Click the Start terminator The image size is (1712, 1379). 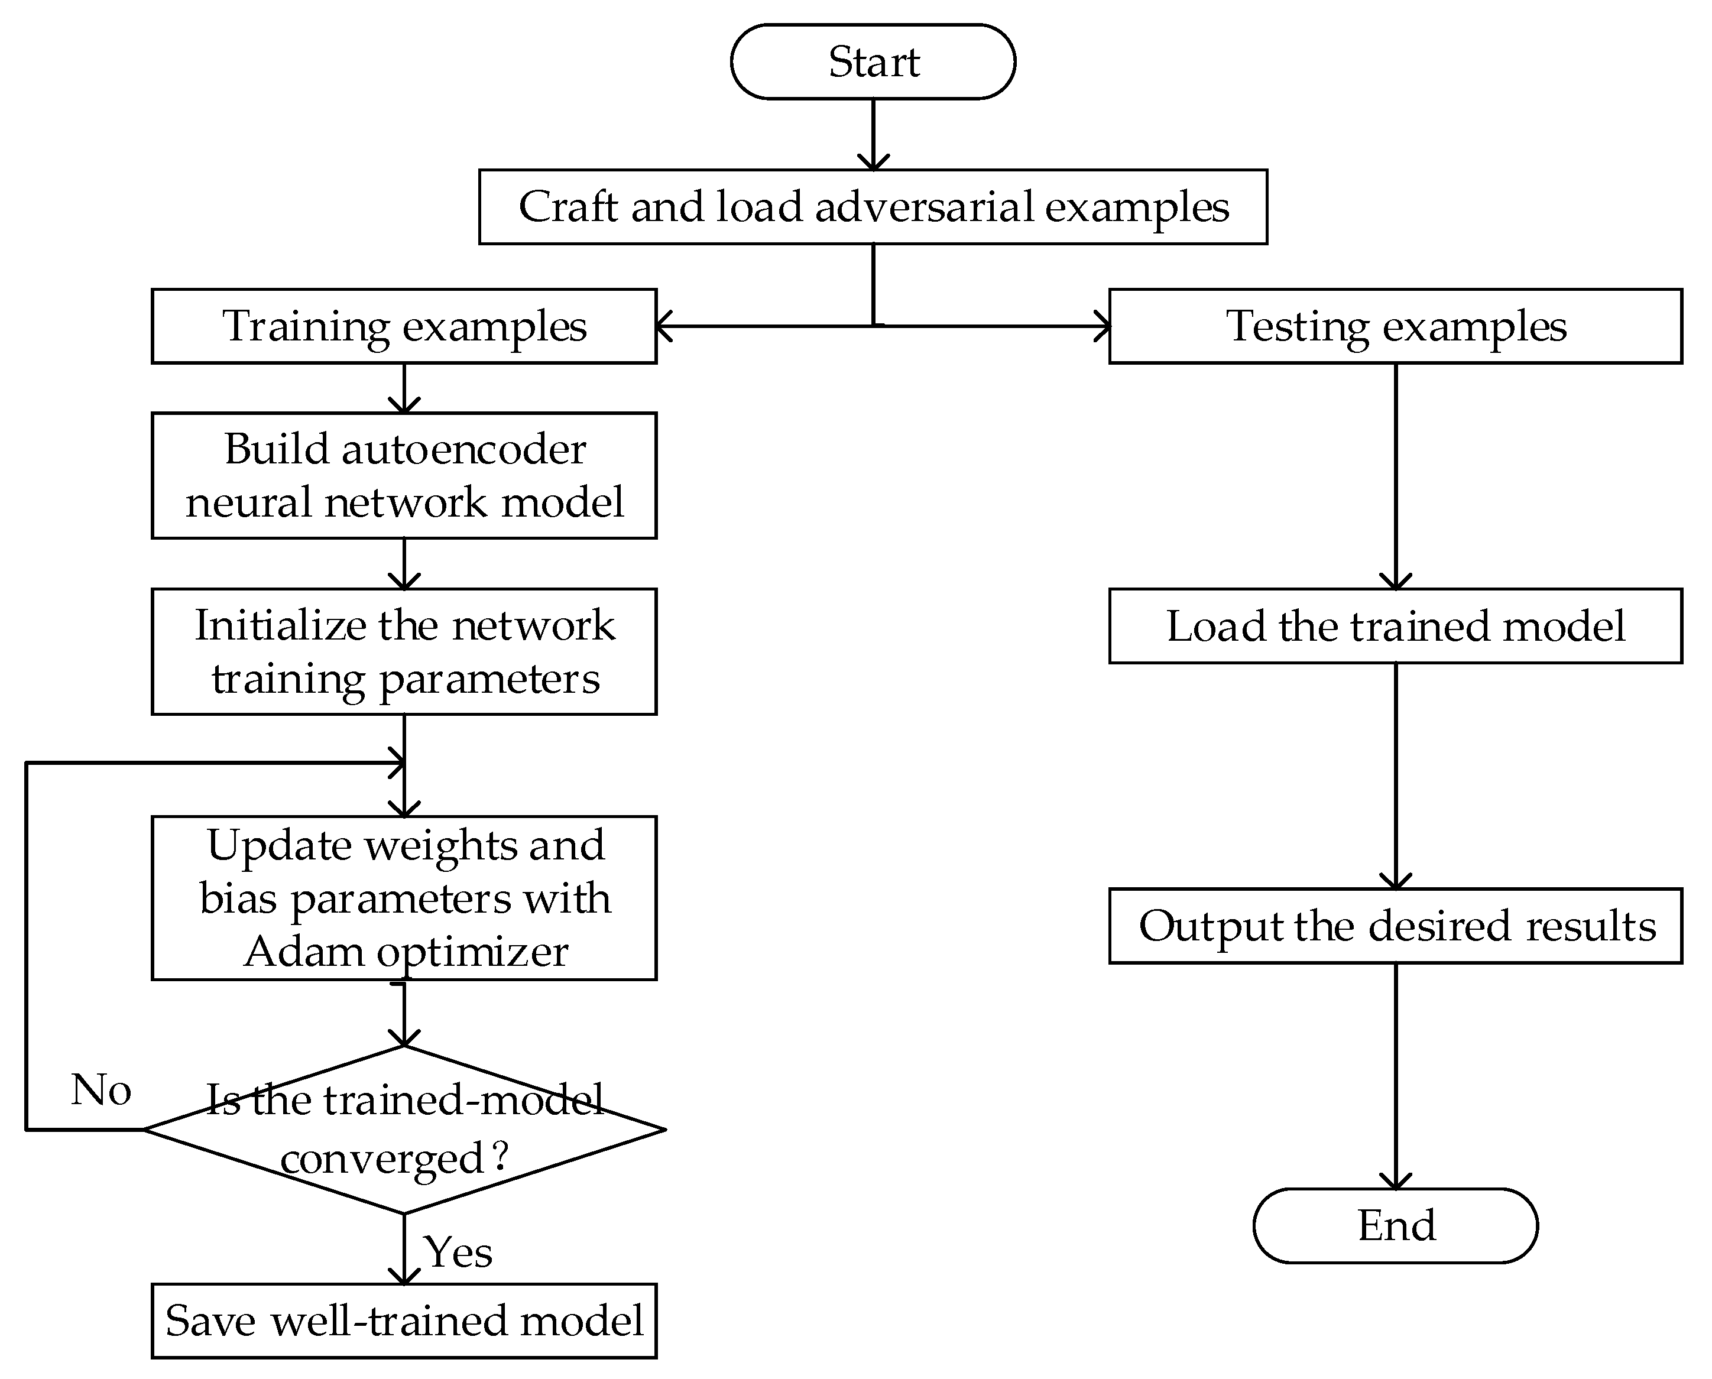pyautogui.click(x=873, y=62)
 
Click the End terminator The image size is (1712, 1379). pyautogui.click(x=1395, y=1226)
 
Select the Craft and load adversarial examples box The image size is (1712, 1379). pyautogui.click(x=873, y=206)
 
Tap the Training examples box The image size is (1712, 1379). pyautogui.click(x=404, y=326)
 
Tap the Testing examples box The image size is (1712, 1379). pyautogui.click(x=1395, y=326)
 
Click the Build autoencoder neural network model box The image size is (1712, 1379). pyautogui.click(x=404, y=475)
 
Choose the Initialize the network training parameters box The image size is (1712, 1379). pyautogui.click(x=404, y=651)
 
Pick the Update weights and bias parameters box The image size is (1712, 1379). pyautogui.click(x=404, y=898)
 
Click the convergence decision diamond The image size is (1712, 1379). pyautogui.click(x=404, y=1129)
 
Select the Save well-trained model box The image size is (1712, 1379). pyautogui.click(x=404, y=1320)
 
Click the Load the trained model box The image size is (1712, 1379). pyautogui.click(x=1395, y=626)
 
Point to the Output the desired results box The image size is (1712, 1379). pyautogui.click(x=1395, y=926)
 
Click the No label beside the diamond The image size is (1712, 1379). pyautogui.click(x=101, y=1089)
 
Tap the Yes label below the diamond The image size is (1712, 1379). pyautogui.click(x=458, y=1252)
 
